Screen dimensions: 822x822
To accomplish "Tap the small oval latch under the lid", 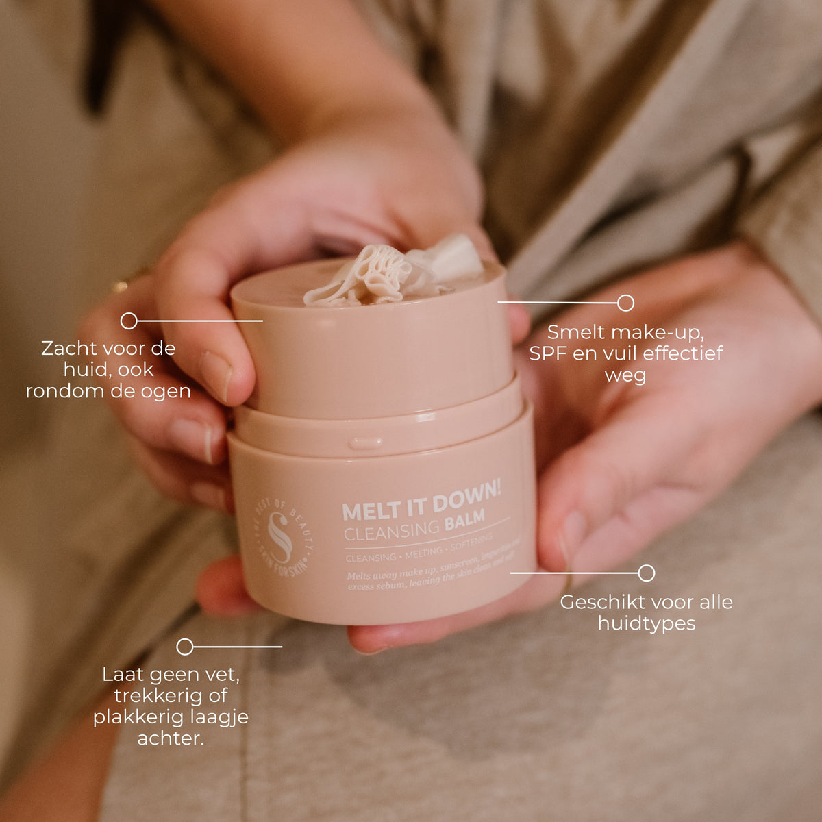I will coord(366,443).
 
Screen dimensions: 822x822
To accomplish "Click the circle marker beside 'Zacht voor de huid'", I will coord(129,321).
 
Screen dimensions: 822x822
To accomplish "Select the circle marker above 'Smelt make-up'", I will coord(625,303).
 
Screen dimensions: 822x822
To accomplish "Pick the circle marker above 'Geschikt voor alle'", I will coord(646,573).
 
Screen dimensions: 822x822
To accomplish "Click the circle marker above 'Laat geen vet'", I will coord(185,647).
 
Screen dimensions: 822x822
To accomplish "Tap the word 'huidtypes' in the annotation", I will coord(646,623).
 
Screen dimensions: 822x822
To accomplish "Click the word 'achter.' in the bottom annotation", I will coord(171,738).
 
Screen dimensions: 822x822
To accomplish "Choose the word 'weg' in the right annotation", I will coord(625,376).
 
